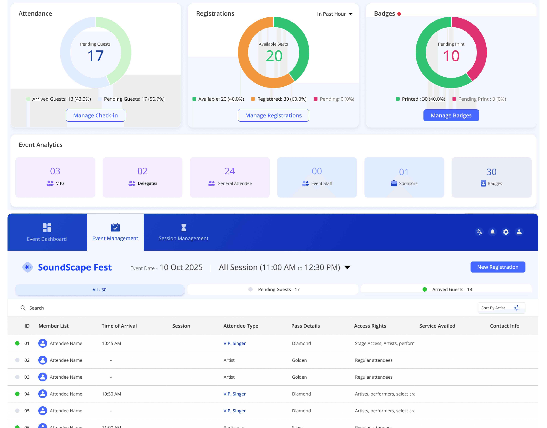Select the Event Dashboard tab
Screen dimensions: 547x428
(47, 232)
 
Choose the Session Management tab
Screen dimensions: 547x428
(183, 232)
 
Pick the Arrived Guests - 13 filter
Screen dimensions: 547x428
(446, 289)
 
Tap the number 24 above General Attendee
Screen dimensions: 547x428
(230, 171)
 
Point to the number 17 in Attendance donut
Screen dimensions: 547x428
(95, 56)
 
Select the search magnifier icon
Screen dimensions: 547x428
(23, 308)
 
